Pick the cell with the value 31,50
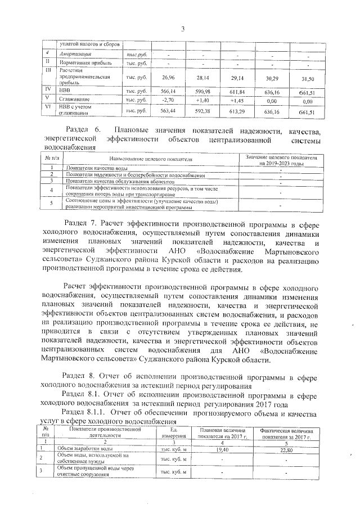point(307,79)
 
